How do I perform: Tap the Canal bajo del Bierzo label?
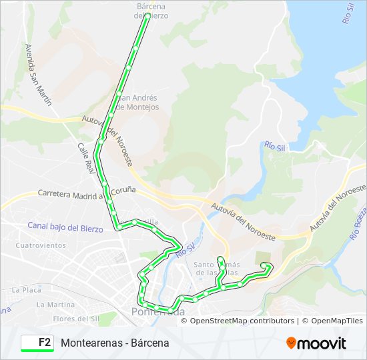pos(65,227)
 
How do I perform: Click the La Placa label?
pos(27,290)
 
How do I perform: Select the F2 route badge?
pos(37,343)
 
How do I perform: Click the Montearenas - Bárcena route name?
pos(115,343)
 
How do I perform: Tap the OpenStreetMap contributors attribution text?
pos(243,321)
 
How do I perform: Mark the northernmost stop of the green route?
pos(146,15)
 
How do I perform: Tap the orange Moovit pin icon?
pos(292,343)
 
